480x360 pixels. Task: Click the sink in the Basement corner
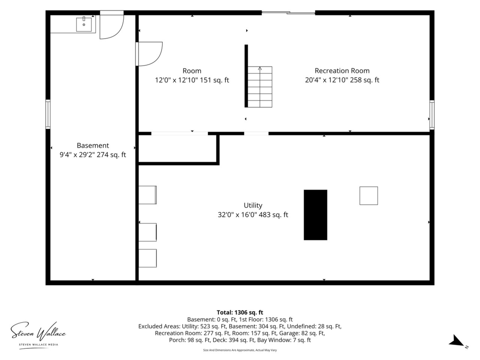[84, 24]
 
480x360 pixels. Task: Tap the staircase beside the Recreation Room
[260, 87]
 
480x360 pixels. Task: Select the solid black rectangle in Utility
[315, 215]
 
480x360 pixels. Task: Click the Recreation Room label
[342, 71]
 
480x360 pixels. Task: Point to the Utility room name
[253, 205]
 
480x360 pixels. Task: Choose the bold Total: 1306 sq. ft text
[240, 312]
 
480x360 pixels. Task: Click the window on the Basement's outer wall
[48, 114]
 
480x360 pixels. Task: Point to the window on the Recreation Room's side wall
[432, 115]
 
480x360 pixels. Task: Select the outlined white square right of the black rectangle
[369, 196]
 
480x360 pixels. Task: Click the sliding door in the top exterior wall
[288, 13]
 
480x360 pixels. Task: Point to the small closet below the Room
[178, 149]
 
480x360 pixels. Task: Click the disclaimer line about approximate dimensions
[240, 350]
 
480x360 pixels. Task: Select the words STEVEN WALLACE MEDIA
[39, 345]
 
